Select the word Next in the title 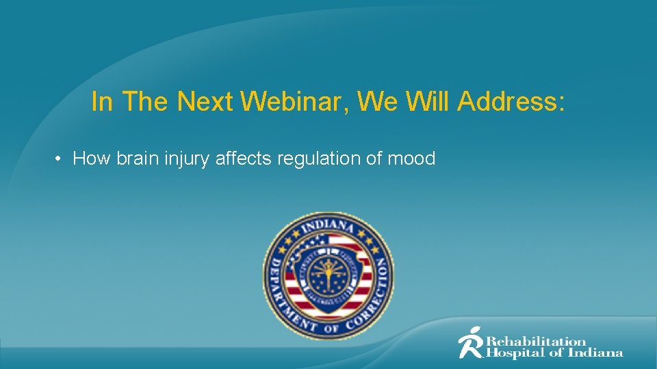[205, 102]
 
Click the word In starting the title [101, 102]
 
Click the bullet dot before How [60, 159]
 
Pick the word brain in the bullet [133, 159]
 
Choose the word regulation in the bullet [313, 159]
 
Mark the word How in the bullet [92, 159]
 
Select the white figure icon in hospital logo [471, 342]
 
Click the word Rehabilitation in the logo [536, 341]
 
